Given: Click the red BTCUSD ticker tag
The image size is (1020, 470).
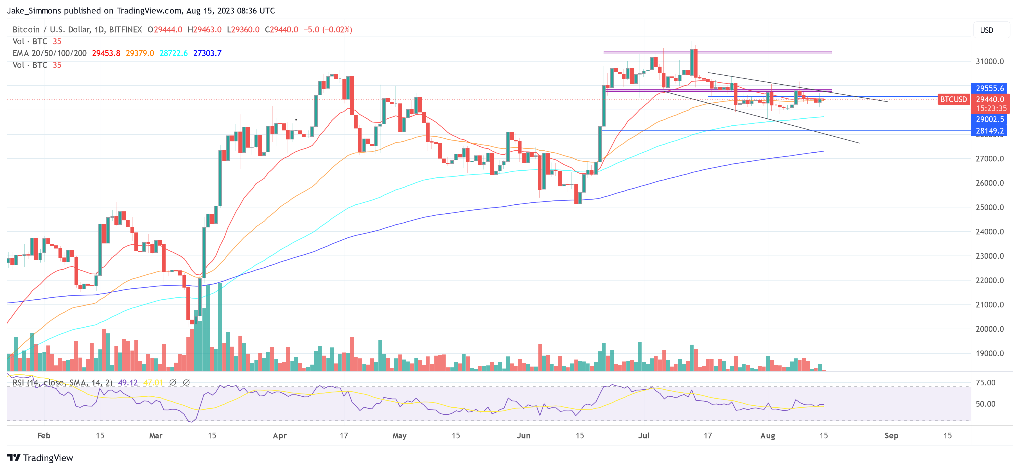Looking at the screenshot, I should (x=953, y=100).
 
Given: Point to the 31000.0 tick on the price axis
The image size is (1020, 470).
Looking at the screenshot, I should (x=990, y=61).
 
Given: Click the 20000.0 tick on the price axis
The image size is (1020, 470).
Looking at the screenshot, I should (x=990, y=329).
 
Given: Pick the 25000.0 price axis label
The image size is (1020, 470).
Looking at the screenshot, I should (x=990, y=207).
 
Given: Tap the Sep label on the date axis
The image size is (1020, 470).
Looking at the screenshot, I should (x=891, y=435).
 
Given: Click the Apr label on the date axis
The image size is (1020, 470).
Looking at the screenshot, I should (x=279, y=435).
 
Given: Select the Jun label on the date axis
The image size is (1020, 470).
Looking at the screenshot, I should (x=523, y=435).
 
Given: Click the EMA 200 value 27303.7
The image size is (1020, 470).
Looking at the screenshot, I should (x=207, y=53).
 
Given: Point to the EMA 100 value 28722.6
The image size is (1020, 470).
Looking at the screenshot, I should (x=173, y=53).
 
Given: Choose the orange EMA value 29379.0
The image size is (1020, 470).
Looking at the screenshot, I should (x=140, y=53).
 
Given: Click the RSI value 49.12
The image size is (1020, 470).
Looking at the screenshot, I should (x=128, y=383).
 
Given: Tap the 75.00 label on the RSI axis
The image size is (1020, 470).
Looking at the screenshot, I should (x=985, y=383).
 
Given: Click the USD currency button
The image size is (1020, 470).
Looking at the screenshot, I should (x=986, y=30).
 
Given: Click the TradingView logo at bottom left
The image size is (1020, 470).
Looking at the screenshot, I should (x=40, y=458).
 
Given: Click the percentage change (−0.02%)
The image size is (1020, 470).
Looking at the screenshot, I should (x=337, y=30).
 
